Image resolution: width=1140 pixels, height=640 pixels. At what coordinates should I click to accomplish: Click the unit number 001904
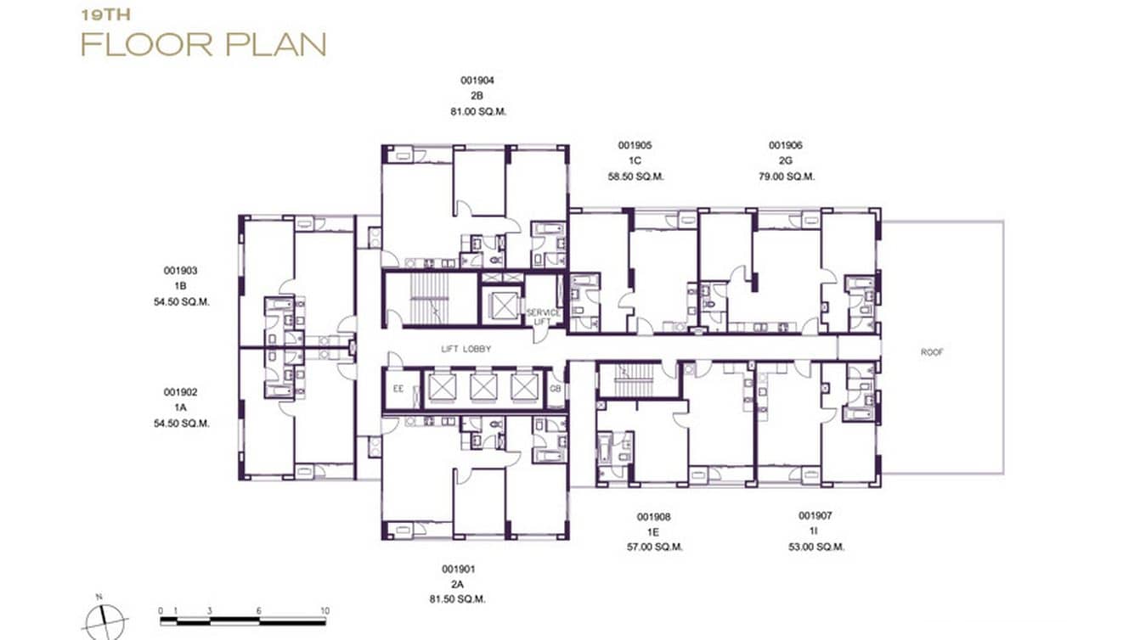coord(477,81)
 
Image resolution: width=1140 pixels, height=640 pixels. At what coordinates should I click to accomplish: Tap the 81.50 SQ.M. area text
coord(457,599)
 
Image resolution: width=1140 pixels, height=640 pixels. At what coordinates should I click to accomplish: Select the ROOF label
coord(932,351)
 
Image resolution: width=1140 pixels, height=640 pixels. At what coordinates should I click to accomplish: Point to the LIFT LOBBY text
coord(466,349)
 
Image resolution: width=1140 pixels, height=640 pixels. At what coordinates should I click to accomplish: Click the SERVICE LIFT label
coord(543,317)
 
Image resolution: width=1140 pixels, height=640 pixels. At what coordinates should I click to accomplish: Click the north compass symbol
coord(105,620)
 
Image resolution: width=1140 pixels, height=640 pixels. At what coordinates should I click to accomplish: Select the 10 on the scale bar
coord(325,611)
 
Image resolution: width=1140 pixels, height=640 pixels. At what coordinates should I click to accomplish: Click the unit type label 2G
coord(785,161)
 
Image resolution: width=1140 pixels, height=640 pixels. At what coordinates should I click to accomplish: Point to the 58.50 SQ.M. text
coord(635,177)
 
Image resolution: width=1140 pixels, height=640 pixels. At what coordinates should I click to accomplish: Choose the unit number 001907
coord(815,516)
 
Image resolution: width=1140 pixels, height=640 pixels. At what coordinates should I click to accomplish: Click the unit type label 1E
coord(654,532)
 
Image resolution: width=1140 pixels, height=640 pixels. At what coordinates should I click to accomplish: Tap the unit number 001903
coord(180,271)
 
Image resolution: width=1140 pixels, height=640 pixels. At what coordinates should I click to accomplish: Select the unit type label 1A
coord(180,408)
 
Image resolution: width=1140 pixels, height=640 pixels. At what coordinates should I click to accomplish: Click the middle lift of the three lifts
coord(484,387)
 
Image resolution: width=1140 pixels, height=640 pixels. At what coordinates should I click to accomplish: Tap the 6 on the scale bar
coord(258,611)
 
